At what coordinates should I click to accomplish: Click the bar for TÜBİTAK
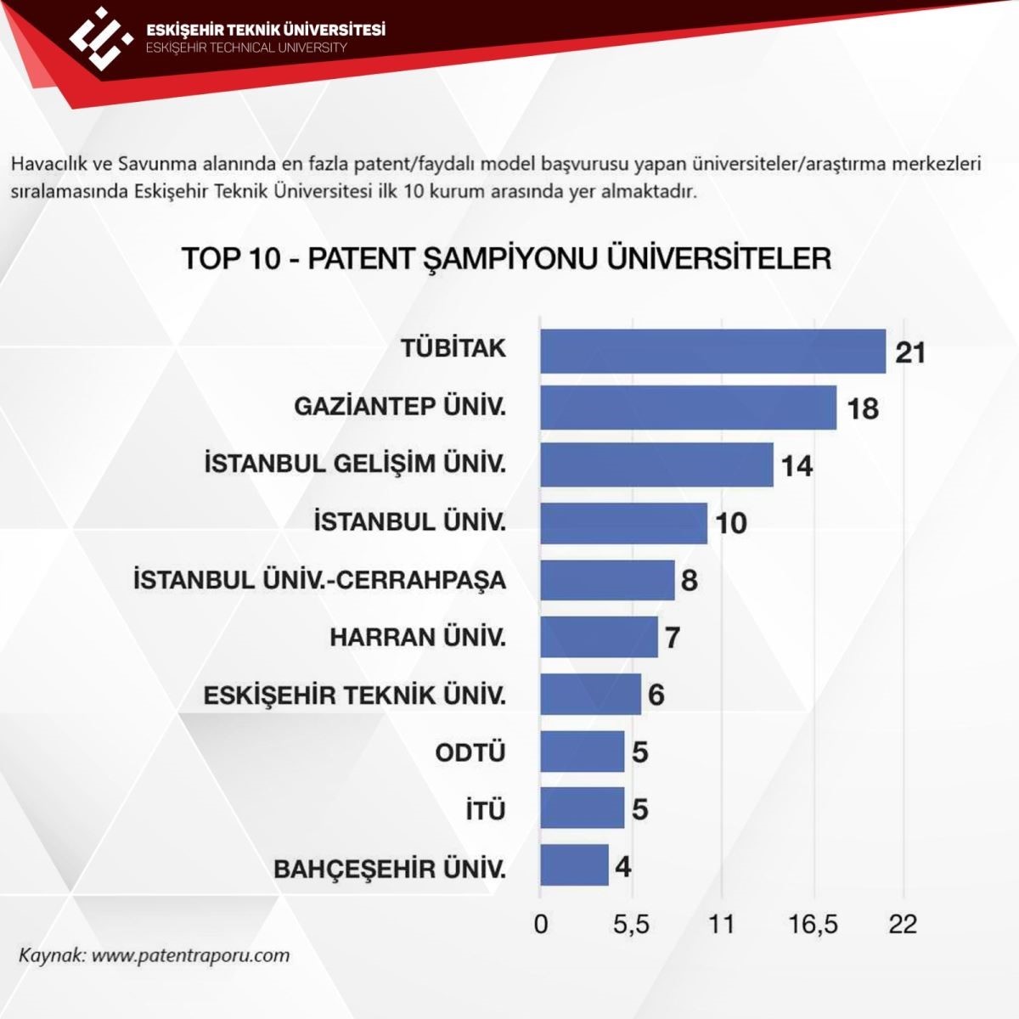click(712, 351)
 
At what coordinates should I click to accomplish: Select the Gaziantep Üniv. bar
click(688, 408)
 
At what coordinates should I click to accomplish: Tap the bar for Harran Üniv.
click(599, 637)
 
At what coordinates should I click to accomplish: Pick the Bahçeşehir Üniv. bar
click(574, 865)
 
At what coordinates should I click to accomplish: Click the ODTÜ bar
click(582, 752)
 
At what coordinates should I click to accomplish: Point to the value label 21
click(909, 352)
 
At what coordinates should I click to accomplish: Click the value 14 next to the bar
click(797, 465)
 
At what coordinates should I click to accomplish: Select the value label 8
click(689, 580)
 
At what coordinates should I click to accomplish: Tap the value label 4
click(623, 867)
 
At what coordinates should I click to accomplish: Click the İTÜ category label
click(485, 810)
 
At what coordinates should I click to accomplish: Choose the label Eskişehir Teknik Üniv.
click(355, 695)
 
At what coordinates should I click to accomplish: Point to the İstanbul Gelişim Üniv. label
click(355, 464)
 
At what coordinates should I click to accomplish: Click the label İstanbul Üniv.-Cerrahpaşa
click(320, 580)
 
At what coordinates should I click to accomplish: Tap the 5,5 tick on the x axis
click(631, 923)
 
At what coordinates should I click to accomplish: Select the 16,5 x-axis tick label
click(813, 923)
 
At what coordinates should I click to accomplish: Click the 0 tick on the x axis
click(541, 923)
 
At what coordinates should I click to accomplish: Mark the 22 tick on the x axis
click(903, 923)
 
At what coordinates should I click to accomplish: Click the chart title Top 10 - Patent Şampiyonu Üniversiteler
click(506, 258)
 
